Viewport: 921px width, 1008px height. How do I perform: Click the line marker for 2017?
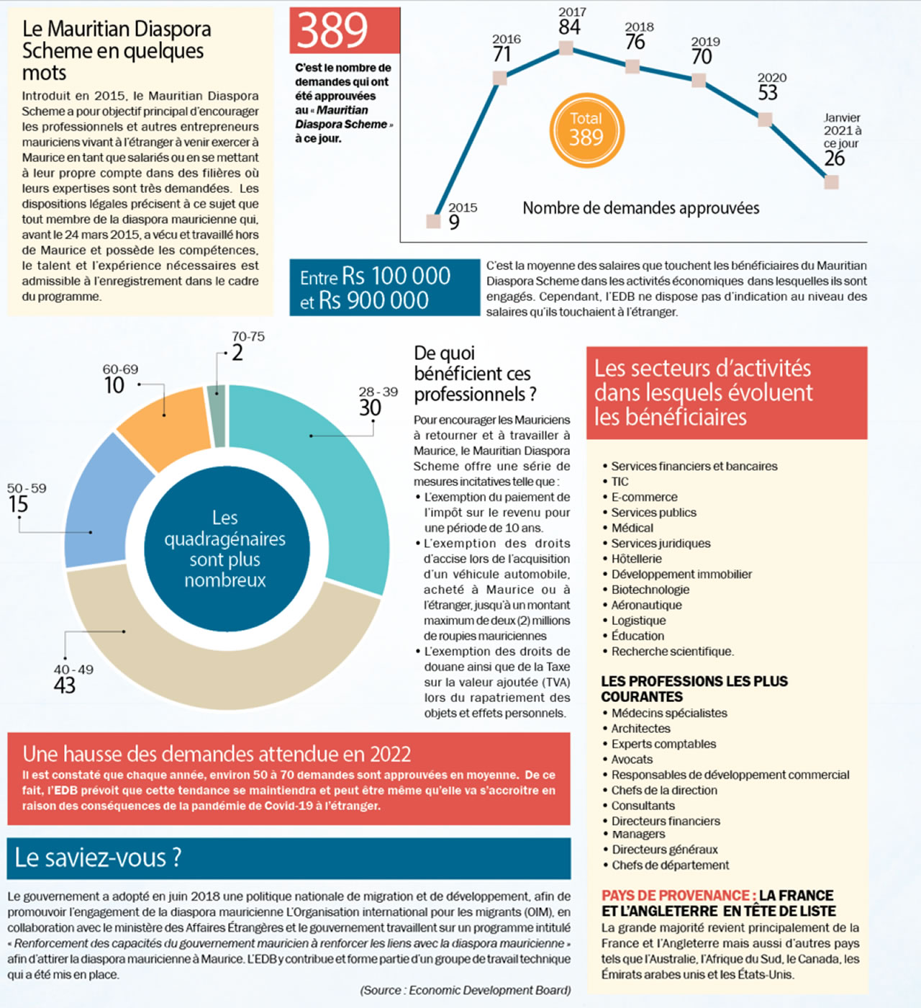(x=566, y=48)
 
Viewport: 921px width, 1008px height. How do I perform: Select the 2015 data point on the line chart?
(x=433, y=220)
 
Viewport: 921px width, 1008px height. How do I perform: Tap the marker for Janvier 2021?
(x=831, y=181)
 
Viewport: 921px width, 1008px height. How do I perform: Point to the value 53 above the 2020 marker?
(x=768, y=93)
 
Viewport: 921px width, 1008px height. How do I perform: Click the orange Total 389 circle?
(x=586, y=130)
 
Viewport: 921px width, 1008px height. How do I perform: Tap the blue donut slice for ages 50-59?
(x=101, y=504)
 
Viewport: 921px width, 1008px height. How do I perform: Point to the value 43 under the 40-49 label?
(x=65, y=685)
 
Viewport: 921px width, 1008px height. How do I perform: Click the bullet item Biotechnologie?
(x=650, y=590)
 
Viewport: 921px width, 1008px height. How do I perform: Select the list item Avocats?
(x=632, y=759)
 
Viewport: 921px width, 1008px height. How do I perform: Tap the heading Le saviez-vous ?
(x=99, y=858)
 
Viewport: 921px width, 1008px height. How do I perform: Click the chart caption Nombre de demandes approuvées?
(x=640, y=208)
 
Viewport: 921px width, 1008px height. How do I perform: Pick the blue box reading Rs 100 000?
(x=384, y=287)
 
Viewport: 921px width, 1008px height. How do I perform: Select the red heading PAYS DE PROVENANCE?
(x=679, y=896)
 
